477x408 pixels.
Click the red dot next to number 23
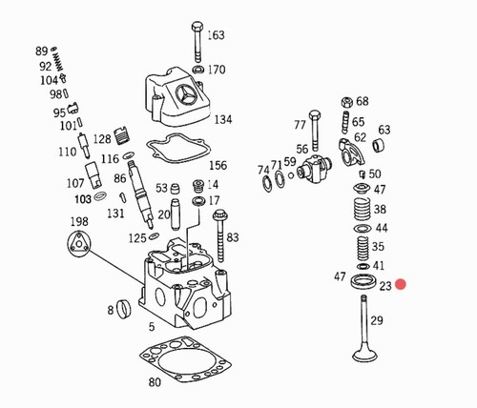point(401,284)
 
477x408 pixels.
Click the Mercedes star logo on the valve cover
point(185,94)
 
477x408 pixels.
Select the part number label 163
point(216,35)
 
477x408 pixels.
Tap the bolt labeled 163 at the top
point(197,42)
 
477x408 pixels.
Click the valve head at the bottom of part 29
point(364,355)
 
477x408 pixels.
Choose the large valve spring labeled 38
point(363,210)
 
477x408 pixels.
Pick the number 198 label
point(79,221)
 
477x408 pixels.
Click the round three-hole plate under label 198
point(79,244)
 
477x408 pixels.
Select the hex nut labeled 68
point(347,102)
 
